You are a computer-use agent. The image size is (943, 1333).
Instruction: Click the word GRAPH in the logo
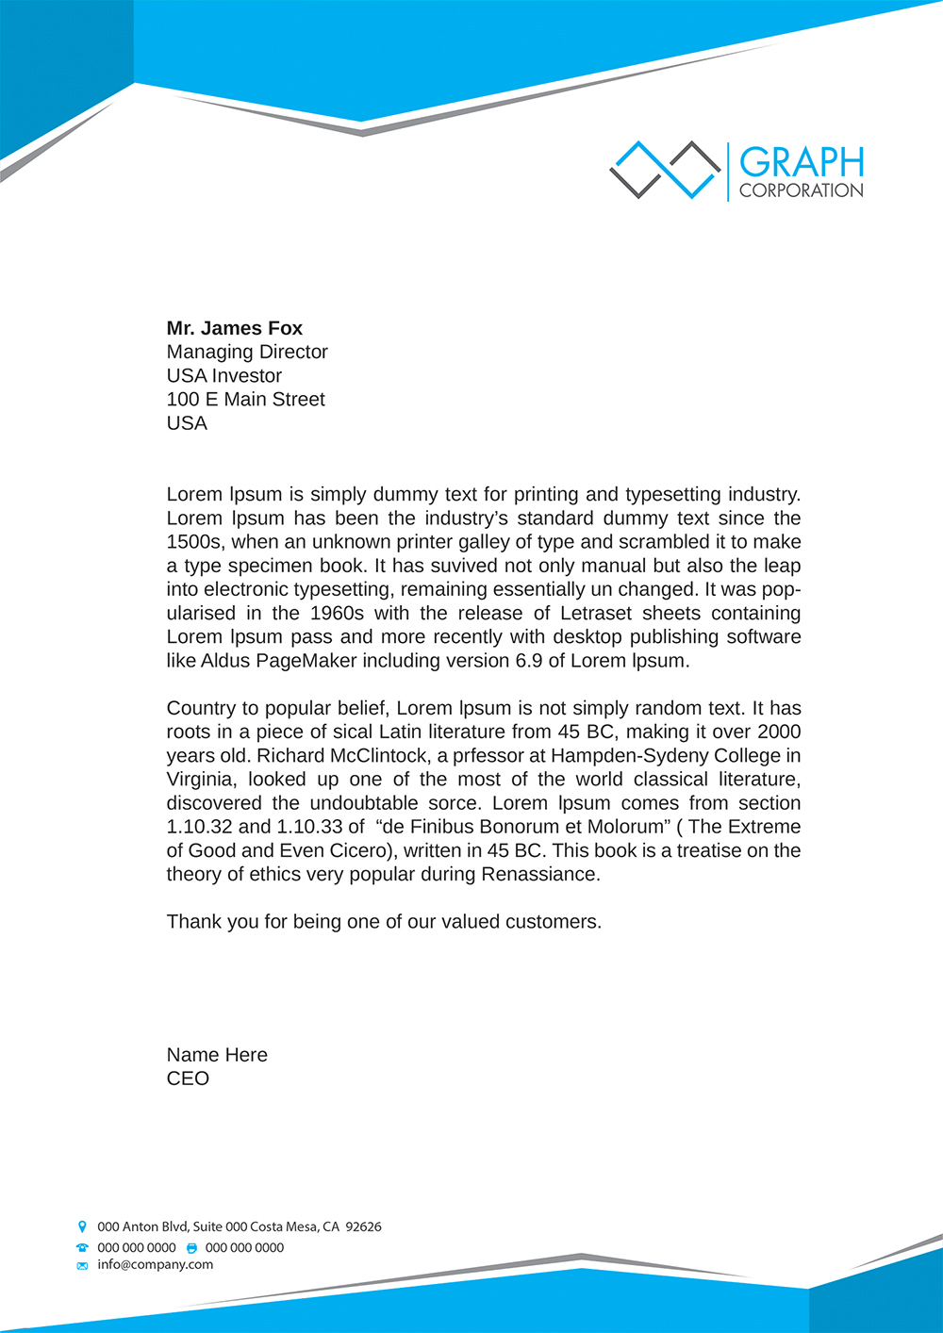pyautogui.click(x=801, y=162)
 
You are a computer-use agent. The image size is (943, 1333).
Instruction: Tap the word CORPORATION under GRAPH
pyautogui.click(x=801, y=190)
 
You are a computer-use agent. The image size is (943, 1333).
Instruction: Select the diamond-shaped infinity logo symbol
pyautogui.click(x=665, y=170)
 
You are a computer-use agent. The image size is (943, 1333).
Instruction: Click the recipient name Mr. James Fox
pyautogui.click(x=234, y=328)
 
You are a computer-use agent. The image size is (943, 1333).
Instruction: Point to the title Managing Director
pyautogui.click(x=247, y=352)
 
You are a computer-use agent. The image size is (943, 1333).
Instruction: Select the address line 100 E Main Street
pyautogui.click(x=245, y=399)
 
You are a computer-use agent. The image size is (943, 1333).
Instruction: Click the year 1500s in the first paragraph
pyautogui.click(x=194, y=542)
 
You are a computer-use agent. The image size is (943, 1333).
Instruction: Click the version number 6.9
pyautogui.click(x=528, y=661)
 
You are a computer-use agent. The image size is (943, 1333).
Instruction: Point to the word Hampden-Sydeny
pyautogui.click(x=619, y=756)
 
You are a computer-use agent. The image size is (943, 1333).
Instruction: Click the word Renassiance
pyautogui.click(x=539, y=874)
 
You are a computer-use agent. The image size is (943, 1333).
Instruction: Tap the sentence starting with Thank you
pyautogui.click(x=384, y=921)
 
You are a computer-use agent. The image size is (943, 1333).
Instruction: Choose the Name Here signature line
pyautogui.click(x=217, y=1055)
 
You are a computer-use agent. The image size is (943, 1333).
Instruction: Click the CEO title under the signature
pyautogui.click(x=188, y=1078)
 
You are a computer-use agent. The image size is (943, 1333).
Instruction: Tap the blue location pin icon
pyautogui.click(x=82, y=1226)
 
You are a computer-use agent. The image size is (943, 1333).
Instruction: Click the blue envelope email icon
pyautogui.click(x=82, y=1265)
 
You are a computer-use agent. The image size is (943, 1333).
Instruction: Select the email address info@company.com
pyautogui.click(x=155, y=1264)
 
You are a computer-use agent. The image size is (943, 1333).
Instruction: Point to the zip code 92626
pyautogui.click(x=363, y=1226)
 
